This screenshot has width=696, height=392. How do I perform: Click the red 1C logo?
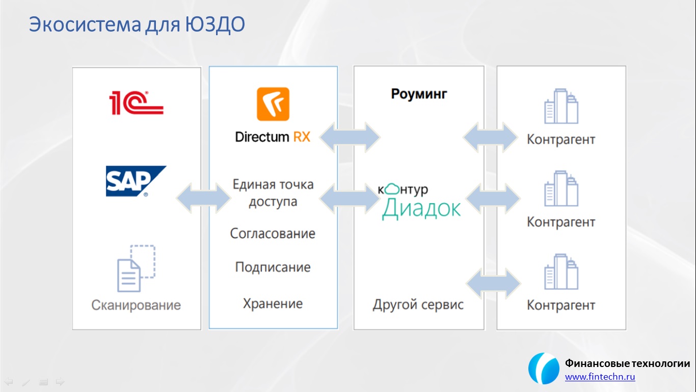coord(136,103)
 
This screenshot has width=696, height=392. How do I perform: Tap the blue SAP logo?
coord(136,181)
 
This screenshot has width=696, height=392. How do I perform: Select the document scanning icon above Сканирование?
coord(136,268)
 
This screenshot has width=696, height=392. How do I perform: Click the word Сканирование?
coord(136,305)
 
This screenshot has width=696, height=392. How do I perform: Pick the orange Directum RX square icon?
coord(273,104)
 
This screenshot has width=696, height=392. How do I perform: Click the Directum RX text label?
coord(273,137)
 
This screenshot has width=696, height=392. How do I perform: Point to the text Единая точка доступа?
coord(273,193)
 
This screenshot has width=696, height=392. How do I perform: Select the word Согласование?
coord(273,234)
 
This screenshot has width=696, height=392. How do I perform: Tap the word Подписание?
coord(273,267)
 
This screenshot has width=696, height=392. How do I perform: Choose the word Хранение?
coord(273,304)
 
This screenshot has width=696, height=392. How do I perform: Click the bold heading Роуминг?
coord(419,94)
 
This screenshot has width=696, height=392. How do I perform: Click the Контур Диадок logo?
coord(419,202)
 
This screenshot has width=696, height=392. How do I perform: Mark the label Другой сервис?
coord(418,305)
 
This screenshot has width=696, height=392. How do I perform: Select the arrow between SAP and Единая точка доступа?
coord(203,198)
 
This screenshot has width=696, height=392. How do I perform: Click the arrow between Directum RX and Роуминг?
coord(350,137)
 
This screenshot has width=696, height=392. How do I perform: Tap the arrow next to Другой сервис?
coord(493,284)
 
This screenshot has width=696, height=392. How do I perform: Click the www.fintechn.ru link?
coord(600,377)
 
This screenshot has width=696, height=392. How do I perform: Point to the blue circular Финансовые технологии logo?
coord(544,369)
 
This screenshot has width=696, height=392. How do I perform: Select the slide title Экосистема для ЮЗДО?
coord(137,24)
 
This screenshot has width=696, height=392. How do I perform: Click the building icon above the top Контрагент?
coord(561,106)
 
